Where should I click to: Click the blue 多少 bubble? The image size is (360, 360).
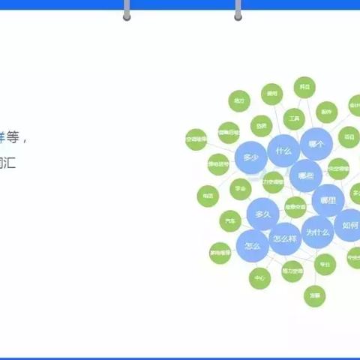250,158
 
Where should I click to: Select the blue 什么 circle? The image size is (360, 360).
283,151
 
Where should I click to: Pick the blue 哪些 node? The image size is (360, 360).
305,175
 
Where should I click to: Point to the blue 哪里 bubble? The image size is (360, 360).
328,200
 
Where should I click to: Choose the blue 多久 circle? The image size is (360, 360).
262,214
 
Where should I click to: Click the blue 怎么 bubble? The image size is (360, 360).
252,245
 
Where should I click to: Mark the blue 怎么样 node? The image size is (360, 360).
284,239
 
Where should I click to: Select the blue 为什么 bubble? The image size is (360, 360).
317,232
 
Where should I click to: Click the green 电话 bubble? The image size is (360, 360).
208,196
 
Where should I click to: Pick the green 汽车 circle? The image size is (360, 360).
230,221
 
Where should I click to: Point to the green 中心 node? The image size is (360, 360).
259,278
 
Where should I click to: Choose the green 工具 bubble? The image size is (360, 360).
294,118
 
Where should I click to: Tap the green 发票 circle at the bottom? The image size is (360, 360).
315,295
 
